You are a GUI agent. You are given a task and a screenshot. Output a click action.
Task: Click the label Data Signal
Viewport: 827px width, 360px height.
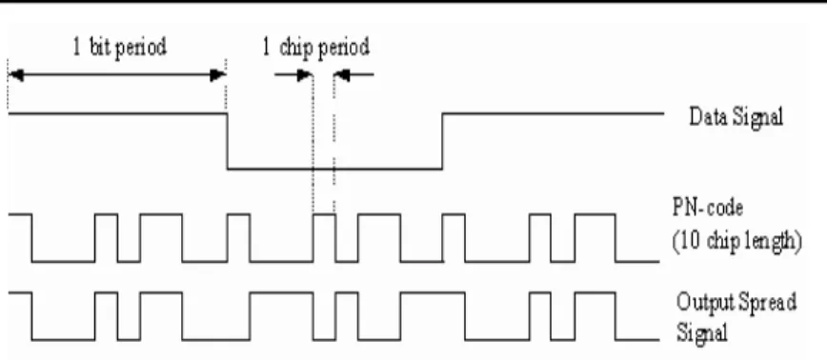pos(736,117)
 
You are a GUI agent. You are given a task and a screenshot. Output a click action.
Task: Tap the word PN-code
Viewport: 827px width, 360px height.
pos(708,208)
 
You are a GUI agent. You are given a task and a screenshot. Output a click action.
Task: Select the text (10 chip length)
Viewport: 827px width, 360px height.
pos(736,241)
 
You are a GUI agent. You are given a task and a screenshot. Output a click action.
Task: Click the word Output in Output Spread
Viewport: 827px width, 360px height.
pos(705,302)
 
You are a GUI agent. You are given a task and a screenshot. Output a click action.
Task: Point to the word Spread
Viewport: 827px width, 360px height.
pos(766,302)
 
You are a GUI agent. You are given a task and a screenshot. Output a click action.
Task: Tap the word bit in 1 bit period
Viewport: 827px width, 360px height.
pos(100,47)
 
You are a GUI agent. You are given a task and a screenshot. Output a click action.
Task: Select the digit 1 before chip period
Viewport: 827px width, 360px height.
pos(267,48)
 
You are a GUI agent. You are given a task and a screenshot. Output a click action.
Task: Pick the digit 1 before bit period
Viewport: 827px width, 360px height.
pos(77,47)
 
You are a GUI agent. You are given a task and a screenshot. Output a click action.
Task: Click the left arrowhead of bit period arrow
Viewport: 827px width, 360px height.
pos(16,75)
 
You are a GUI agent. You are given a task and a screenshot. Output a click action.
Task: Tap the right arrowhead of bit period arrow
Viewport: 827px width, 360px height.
pos(218,75)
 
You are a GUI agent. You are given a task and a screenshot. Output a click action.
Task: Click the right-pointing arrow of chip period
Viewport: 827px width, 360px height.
pos(293,75)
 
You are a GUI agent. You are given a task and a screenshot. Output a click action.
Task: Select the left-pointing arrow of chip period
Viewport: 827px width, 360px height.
pos(353,75)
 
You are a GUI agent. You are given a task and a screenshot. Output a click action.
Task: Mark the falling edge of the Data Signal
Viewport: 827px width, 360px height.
pos(228,141)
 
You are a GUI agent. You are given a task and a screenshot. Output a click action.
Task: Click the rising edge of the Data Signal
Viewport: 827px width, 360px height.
pos(442,141)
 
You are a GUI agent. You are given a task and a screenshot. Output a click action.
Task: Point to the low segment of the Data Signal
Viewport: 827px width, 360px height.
pos(335,169)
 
